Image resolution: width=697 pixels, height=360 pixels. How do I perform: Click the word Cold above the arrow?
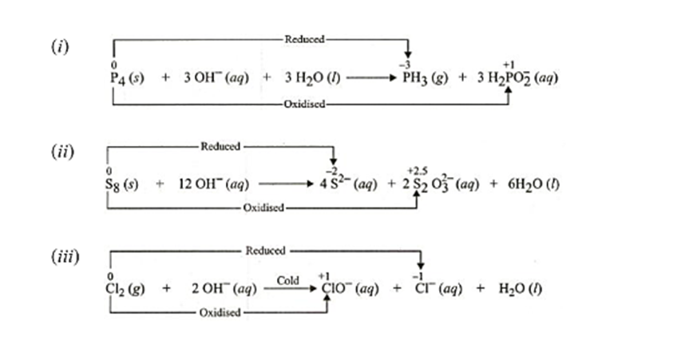tap(288, 279)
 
